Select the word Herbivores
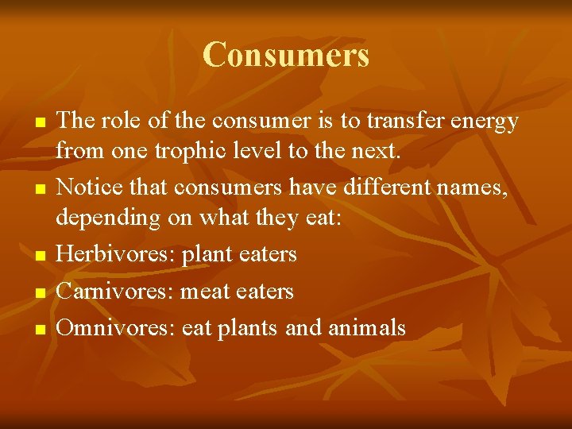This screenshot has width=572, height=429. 116,254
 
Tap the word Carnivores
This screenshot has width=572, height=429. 116,292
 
